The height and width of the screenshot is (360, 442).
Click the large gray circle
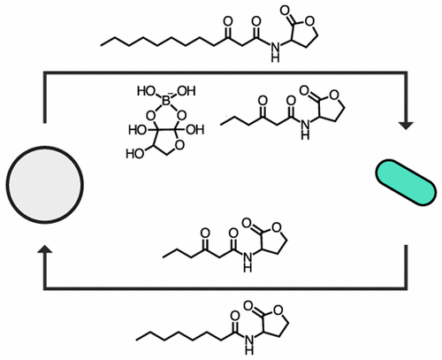[45, 185]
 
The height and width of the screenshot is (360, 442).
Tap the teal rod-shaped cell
[406, 182]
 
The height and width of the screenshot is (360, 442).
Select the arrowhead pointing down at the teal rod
[406, 126]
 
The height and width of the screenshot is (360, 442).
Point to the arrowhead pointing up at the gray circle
[45, 249]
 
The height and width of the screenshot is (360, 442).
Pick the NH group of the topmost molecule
[275, 52]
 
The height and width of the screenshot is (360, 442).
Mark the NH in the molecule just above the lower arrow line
[248, 262]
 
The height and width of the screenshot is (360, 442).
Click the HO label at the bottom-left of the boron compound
[134, 154]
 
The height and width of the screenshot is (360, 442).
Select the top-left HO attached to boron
[146, 91]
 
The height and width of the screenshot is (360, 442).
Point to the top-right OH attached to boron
[187, 91]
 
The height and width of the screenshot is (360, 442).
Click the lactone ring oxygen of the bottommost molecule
[278, 310]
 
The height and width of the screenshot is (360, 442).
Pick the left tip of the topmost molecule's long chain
[101, 46]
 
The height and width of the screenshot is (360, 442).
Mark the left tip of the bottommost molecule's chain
[136, 341]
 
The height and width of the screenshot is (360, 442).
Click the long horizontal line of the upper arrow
[225, 73]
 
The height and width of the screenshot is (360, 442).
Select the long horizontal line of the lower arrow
[225, 288]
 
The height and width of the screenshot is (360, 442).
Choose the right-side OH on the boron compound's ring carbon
[195, 130]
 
